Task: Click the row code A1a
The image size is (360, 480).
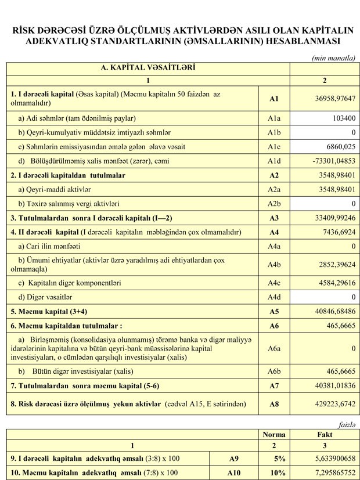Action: tap(274, 118)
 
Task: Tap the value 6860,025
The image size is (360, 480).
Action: tap(337, 146)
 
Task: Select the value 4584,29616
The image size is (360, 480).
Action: tap(332, 283)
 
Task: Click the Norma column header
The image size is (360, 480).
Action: tap(274, 434)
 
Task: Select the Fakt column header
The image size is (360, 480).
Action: tap(325, 434)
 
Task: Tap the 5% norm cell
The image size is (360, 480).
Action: tap(279, 458)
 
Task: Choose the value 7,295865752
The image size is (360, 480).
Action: tap(329, 473)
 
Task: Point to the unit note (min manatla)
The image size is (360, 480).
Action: tap(334, 57)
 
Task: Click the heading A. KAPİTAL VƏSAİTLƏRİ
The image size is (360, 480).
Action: tap(148, 68)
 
